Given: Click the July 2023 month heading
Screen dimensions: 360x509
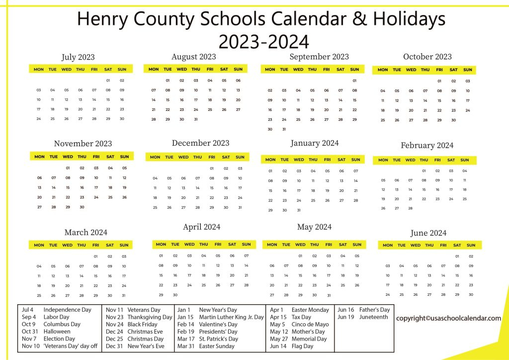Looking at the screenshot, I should click(78, 57).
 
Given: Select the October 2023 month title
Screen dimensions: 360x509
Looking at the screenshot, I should click(427, 57).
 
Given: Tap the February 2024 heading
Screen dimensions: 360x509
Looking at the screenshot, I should click(427, 146).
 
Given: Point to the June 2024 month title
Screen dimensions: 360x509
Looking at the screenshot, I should click(428, 233).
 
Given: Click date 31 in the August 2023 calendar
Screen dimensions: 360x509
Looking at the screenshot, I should click(196, 119).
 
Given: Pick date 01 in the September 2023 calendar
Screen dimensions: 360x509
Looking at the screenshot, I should click(354, 81).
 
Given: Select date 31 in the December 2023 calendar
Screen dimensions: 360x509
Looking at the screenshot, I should click(240, 207).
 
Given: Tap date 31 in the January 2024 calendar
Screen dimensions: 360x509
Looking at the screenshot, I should click(299, 210).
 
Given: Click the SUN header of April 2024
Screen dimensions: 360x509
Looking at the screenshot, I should click(246, 244).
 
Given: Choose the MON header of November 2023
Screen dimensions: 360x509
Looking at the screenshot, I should click(39, 157).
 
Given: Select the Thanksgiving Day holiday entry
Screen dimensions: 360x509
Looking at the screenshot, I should click(150, 317).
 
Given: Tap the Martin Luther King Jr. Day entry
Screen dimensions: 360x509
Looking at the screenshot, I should click(231, 317).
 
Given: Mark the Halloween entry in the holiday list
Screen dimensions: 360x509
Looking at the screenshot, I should click(57, 331).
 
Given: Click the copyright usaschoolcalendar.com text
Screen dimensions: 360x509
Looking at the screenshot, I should click(448, 318).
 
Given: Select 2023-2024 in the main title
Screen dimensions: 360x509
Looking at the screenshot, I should click(263, 41).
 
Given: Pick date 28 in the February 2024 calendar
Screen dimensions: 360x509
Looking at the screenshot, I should click(410, 208).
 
